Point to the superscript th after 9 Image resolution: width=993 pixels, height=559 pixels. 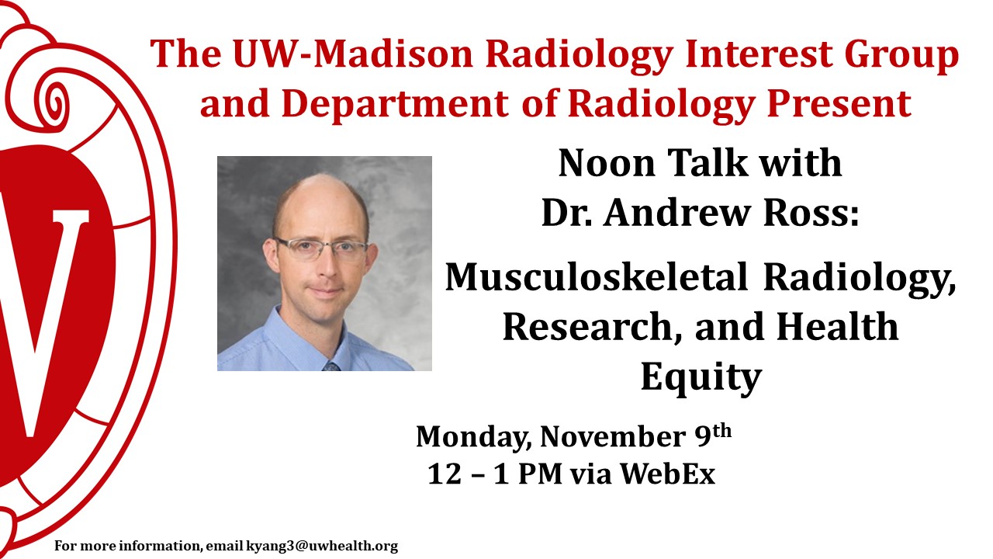tap(721, 429)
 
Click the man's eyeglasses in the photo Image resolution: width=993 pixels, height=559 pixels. tap(320, 248)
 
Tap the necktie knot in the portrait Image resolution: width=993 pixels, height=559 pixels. tap(331, 366)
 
